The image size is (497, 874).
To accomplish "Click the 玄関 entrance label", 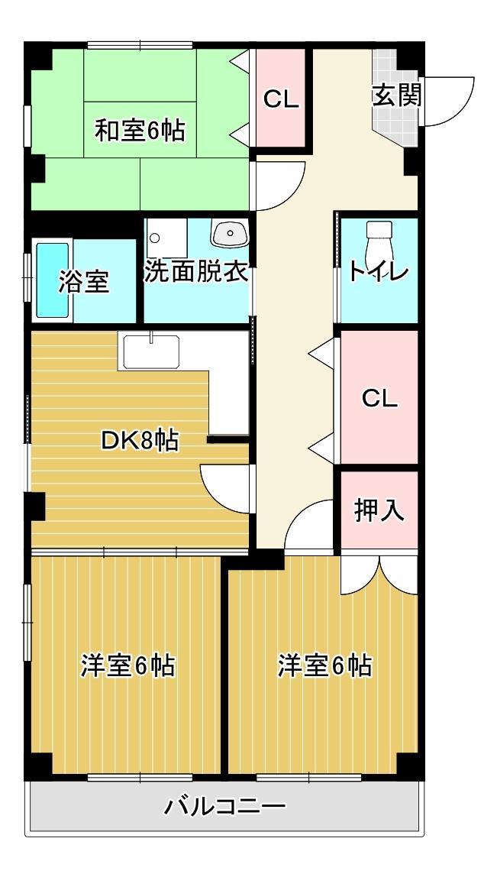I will click(396, 96).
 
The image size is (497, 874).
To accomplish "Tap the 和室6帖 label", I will click(140, 131).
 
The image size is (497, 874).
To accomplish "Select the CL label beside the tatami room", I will click(281, 99).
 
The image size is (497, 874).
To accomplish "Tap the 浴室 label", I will click(84, 282).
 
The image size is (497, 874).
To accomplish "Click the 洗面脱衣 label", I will click(197, 272).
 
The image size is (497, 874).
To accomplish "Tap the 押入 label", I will click(379, 511).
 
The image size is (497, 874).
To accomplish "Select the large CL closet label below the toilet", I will click(379, 398).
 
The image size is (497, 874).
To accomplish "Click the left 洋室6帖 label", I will click(128, 666).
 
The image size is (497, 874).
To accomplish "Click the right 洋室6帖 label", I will click(324, 666).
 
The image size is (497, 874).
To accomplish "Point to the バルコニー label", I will click(225, 807).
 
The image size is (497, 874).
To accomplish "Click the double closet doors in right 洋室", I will click(379, 573).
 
